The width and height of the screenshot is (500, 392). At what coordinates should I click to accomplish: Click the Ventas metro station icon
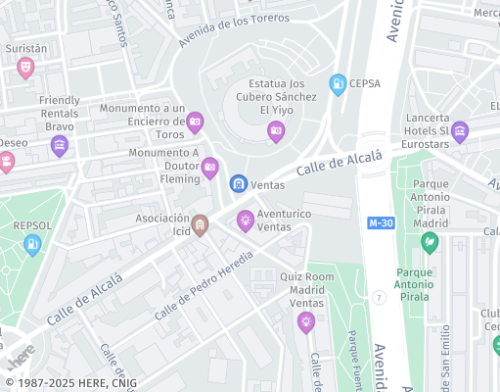pos(238,183)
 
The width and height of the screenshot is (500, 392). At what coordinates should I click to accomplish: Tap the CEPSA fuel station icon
pos(338,84)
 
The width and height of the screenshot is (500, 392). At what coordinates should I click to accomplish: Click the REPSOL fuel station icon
pos(32,245)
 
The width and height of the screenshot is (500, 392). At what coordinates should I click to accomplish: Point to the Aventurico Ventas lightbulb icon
pos(246,220)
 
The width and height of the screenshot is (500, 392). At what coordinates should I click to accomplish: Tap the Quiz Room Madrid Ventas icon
pos(306,321)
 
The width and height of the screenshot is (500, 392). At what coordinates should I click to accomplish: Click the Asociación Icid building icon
pos(200,225)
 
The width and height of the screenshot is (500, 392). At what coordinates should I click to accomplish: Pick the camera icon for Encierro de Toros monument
pos(195,122)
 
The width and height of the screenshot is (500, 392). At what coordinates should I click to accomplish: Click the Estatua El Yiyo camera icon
pos(276,130)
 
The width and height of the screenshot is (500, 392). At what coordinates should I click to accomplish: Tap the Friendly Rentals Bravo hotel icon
pos(60,147)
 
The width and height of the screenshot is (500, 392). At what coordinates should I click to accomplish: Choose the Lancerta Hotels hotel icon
pos(459,131)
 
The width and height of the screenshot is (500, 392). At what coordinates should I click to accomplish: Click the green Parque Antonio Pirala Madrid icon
pos(429,241)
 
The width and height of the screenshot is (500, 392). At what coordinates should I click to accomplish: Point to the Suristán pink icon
pos(25,67)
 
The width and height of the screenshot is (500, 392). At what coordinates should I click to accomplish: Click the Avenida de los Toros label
pos(235,31)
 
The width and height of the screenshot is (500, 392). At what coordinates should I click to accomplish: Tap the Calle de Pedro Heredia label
pos(205,283)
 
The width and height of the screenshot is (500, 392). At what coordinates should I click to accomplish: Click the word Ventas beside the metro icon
pos(268,183)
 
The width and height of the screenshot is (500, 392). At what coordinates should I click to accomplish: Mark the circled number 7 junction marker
pos(379,296)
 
